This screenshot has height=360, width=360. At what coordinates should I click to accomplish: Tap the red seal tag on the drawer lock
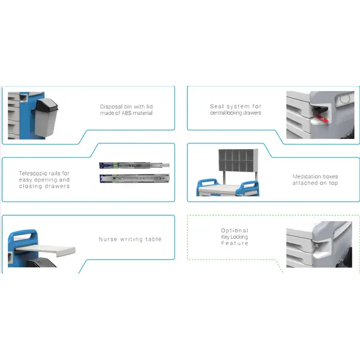[x=322, y=119]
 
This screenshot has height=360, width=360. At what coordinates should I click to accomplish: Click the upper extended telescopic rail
[x=135, y=165]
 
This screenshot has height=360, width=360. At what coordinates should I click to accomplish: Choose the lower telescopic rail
[x=135, y=178]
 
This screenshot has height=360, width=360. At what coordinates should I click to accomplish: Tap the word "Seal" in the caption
[x=217, y=106]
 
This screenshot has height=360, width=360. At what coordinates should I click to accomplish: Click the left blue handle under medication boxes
[x=207, y=185]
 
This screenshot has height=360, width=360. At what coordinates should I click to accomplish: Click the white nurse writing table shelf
[x=45, y=249]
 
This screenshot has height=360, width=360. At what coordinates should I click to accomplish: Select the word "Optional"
[x=234, y=231]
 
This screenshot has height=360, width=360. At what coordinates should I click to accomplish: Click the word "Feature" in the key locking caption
[x=235, y=243]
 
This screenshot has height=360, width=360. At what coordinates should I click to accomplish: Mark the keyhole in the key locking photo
[x=316, y=246]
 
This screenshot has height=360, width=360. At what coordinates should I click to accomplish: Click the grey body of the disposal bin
[x=45, y=123]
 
